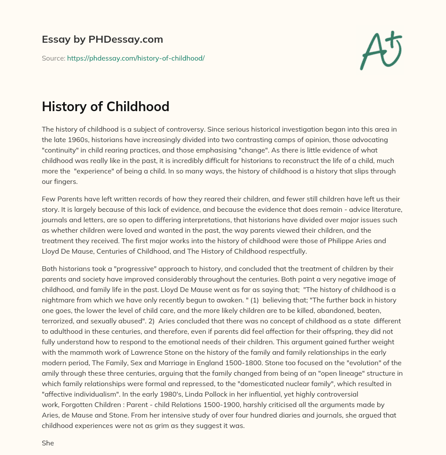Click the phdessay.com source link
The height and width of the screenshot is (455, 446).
tap(135, 58)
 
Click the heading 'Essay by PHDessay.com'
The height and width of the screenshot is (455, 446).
tap(102, 39)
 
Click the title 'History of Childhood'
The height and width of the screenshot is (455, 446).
tap(105, 106)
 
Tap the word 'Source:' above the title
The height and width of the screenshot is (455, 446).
tap(53, 58)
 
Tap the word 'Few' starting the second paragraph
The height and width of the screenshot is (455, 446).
tap(48, 199)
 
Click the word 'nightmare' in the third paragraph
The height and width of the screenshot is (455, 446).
tap(58, 300)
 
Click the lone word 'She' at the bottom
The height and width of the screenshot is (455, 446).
tap(48, 443)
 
